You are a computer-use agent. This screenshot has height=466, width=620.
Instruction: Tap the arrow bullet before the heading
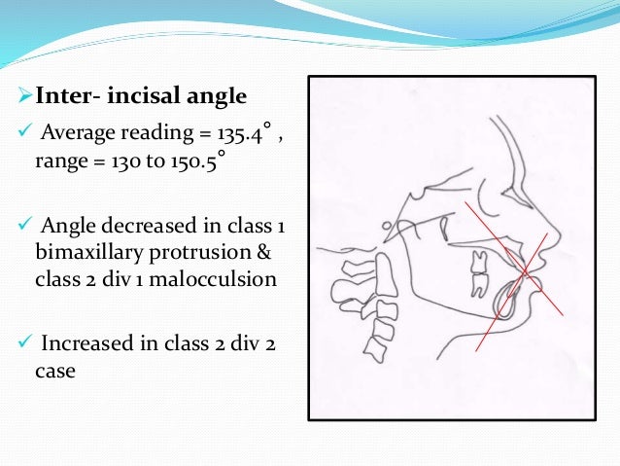24,97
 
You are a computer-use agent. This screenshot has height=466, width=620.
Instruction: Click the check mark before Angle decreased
24,228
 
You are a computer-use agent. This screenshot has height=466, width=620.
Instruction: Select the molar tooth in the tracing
477,273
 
